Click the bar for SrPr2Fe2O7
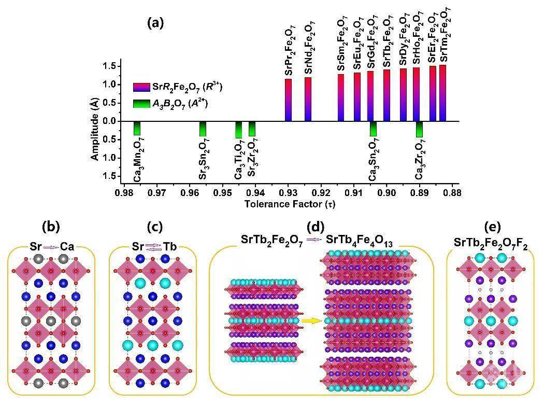(288, 100)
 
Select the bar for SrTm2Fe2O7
(442, 93)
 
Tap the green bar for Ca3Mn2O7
(137, 128)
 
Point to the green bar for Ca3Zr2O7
(419, 129)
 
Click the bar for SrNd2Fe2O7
(308, 99)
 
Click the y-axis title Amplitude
(95, 130)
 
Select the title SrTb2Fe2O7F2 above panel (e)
(491, 244)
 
